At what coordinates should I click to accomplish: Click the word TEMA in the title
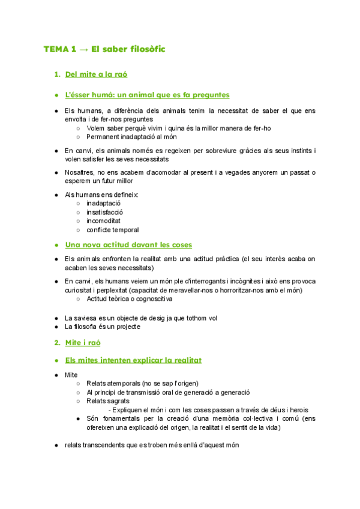pyautogui.click(x=55, y=49)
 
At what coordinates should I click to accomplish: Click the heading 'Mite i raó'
pyautogui.click(x=82, y=343)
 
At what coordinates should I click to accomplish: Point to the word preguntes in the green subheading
pyautogui.click(x=207, y=95)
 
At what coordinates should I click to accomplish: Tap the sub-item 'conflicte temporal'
pyautogui.click(x=112, y=230)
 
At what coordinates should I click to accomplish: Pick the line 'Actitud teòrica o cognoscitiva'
pyautogui.click(x=129, y=299)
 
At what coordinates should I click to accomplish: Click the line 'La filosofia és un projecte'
pyautogui.click(x=102, y=327)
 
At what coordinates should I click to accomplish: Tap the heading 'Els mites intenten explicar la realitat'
pyautogui.click(x=133, y=360)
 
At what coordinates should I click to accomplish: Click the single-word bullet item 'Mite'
pyautogui.click(x=71, y=375)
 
